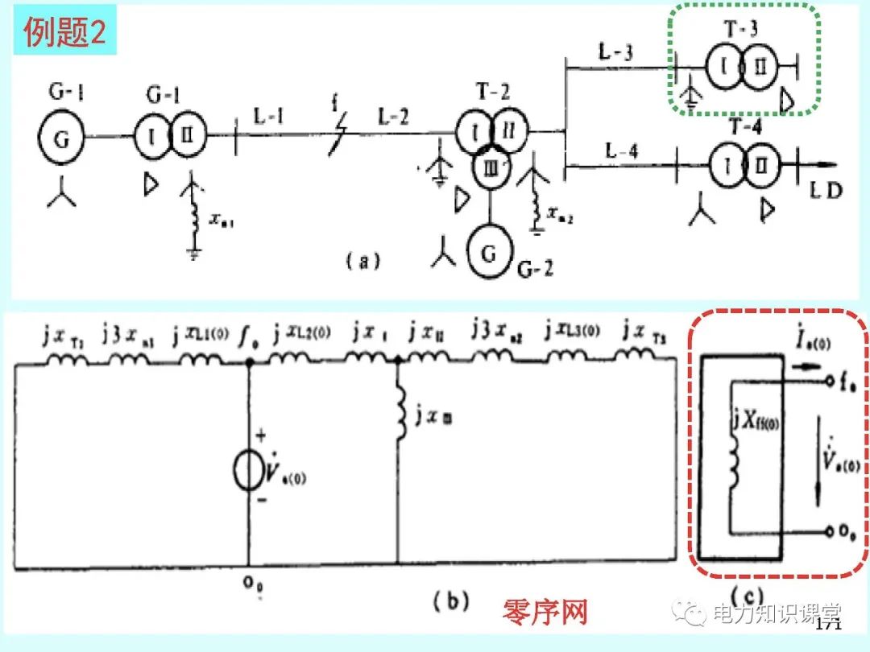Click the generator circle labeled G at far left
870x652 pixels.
point(62,138)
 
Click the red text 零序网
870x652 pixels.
point(545,613)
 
